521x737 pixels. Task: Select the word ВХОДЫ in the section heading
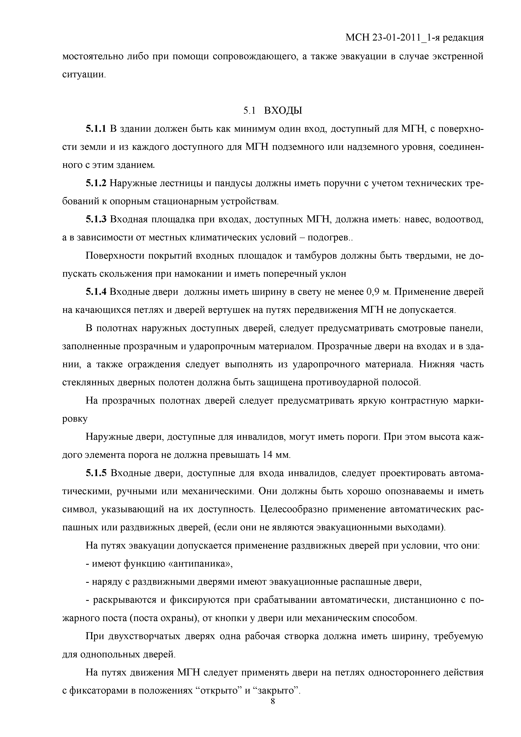[x=283, y=111]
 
